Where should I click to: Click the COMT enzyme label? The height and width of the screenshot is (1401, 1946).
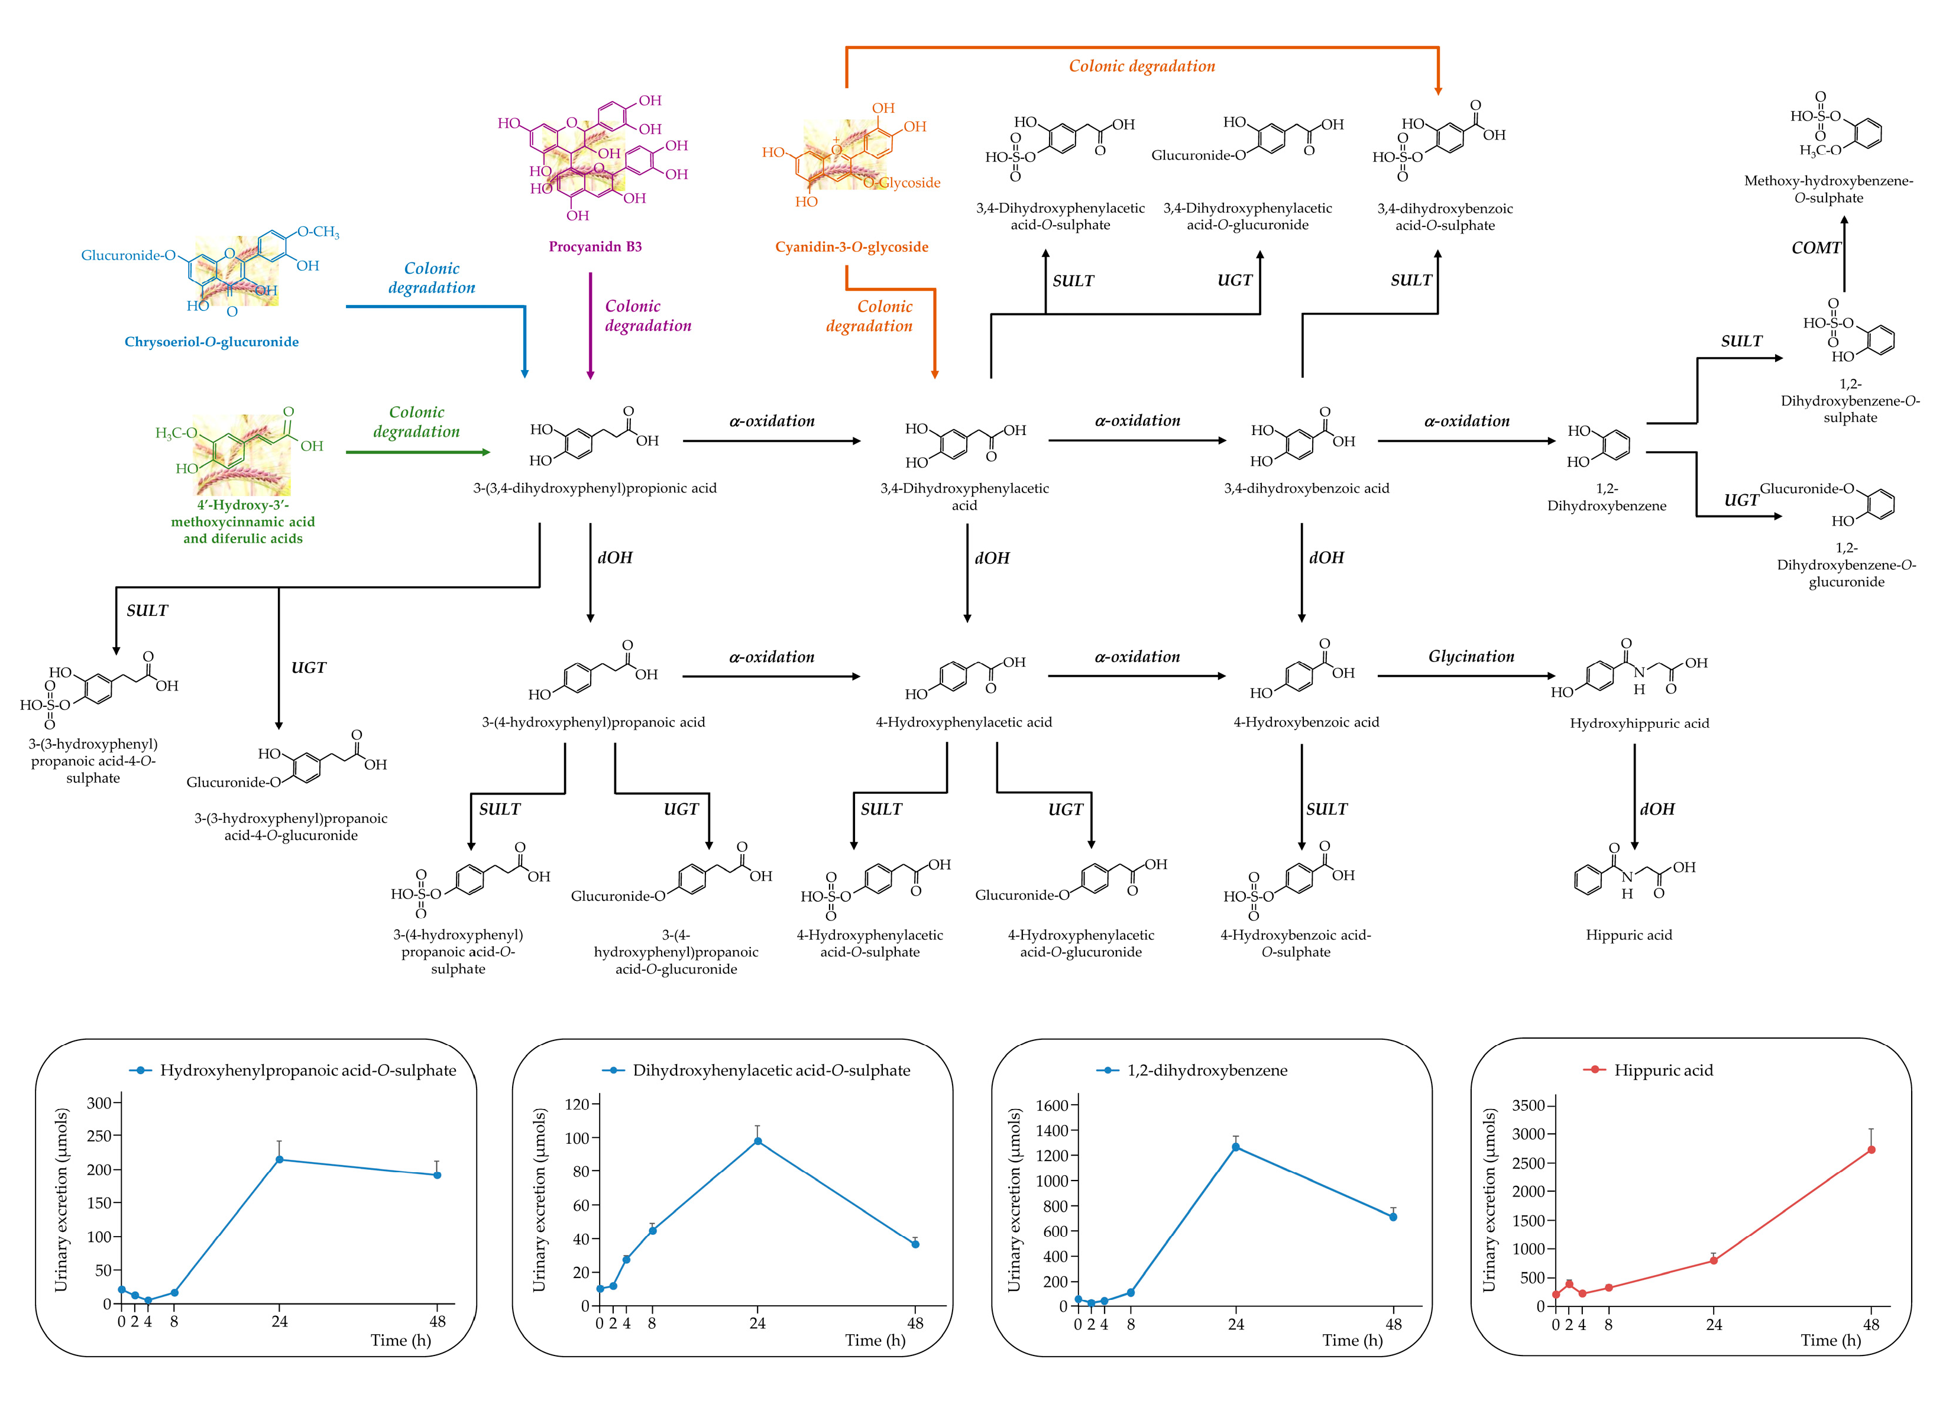pyautogui.click(x=1815, y=248)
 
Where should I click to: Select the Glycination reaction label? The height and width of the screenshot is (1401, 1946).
pyautogui.click(x=1471, y=656)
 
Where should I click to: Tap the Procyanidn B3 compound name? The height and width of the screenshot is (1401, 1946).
pyautogui.click(x=595, y=247)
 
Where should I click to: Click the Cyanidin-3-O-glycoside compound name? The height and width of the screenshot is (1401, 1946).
pyautogui.click(x=851, y=247)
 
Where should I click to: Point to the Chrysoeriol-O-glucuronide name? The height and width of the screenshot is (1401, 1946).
pyautogui.click(x=212, y=342)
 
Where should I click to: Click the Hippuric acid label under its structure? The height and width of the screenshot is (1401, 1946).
pyautogui.click(x=1628, y=935)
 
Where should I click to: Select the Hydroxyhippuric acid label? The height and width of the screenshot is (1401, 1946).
pyautogui.click(x=1639, y=723)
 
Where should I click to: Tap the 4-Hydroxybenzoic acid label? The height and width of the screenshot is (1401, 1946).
pyautogui.click(x=1306, y=722)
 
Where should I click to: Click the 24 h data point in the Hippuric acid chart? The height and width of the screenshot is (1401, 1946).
pyautogui.click(x=1714, y=1260)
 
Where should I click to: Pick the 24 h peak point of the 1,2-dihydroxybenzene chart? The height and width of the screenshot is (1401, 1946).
pyautogui.click(x=1236, y=1147)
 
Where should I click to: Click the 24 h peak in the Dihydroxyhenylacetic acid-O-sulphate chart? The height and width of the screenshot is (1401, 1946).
pyautogui.click(x=757, y=1141)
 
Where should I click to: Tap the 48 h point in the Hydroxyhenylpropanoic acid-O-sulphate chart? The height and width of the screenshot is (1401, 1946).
pyautogui.click(x=438, y=1175)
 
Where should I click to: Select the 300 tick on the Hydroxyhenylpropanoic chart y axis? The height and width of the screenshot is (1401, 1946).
pyautogui.click(x=118, y=1103)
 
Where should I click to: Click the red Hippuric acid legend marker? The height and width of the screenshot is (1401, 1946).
pyautogui.click(x=1594, y=1070)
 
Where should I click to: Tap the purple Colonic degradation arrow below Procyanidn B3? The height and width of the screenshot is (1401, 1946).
pyautogui.click(x=590, y=326)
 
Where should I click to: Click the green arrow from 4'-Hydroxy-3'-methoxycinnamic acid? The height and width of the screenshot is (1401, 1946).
pyautogui.click(x=418, y=451)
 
